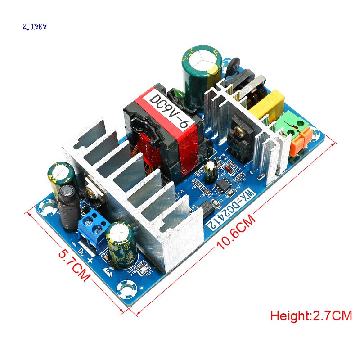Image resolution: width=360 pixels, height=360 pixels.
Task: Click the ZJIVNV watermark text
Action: (34, 27)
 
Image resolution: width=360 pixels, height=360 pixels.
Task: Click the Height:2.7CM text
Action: (311, 315)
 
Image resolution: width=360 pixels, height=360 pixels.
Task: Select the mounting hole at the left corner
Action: (46, 207)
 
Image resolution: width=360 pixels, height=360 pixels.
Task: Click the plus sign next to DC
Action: (90, 261)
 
